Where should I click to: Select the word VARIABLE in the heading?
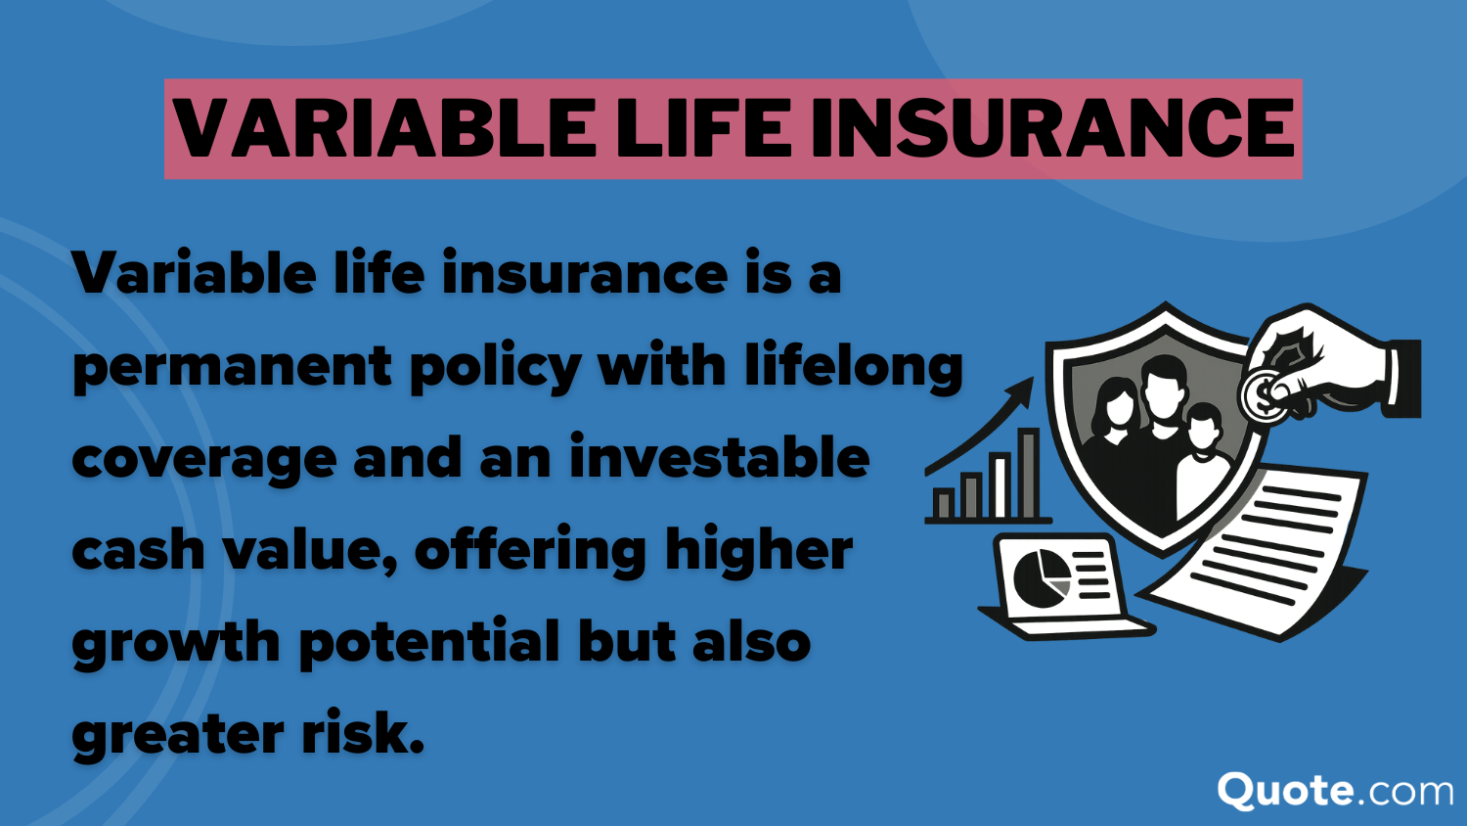pyautogui.click(x=380, y=128)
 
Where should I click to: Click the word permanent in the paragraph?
pyautogui.click(x=233, y=368)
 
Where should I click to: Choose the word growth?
pyautogui.click(x=176, y=644)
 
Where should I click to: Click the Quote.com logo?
pyautogui.click(x=1335, y=792)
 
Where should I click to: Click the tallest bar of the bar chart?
pyautogui.click(x=1028, y=474)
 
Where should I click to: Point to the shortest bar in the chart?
pyautogui.click(x=943, y=503)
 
